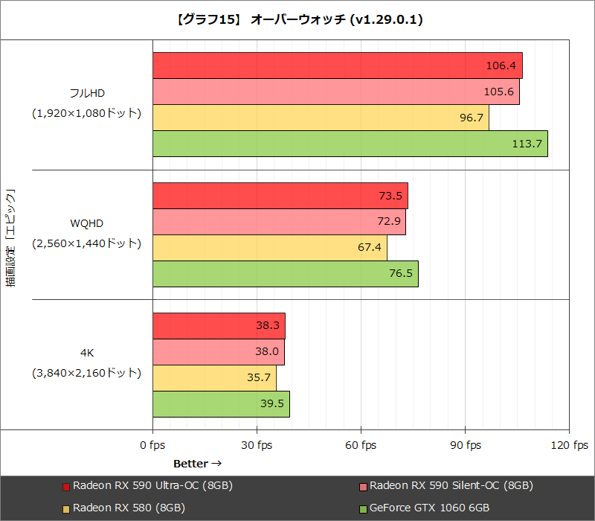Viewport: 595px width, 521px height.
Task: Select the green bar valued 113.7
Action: click(x=350, y=144)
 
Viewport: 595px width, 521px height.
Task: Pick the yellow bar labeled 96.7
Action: click(x=320, y=118)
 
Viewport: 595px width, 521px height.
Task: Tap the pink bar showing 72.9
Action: click(x=279, y=222)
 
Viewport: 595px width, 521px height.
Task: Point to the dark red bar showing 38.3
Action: click(x=219, y=326)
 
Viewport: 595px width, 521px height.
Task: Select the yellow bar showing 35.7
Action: click(x=214, y=378)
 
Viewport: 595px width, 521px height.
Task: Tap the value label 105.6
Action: click(x=500, y=92)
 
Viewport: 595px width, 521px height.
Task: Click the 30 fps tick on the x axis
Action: click(x=257, y=445)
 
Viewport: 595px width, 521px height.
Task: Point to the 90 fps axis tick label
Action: click(x=465, y=445)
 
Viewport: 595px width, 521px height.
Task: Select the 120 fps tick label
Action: click(x=569, y=445)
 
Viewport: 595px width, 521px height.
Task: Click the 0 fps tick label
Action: click(x=152, y=445)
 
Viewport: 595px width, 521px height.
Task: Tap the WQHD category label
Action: click(x=86, y=223)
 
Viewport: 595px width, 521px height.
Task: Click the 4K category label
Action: click(x=86, y=353)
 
